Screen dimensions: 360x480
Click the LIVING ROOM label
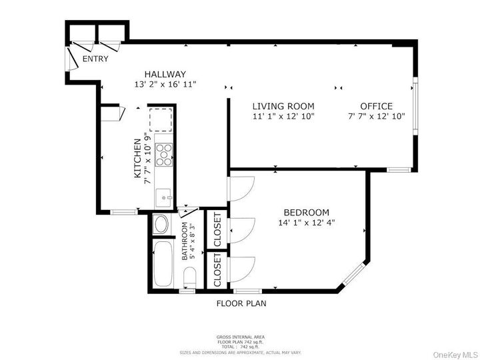point(283,106)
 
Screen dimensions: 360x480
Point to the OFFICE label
point(376,106)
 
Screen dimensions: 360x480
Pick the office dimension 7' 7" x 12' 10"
point(376,117)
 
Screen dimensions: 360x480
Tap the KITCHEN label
point(138,159)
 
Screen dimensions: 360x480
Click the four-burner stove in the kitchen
point(163,155)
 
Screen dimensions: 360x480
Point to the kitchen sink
point(163,197)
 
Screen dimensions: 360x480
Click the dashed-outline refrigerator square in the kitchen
point(161,120)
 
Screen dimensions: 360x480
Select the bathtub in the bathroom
point(163,264)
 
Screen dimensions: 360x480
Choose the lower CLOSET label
point(217,271)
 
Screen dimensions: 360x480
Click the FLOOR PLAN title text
point(241,304)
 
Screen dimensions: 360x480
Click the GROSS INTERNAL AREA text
point(240,337)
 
